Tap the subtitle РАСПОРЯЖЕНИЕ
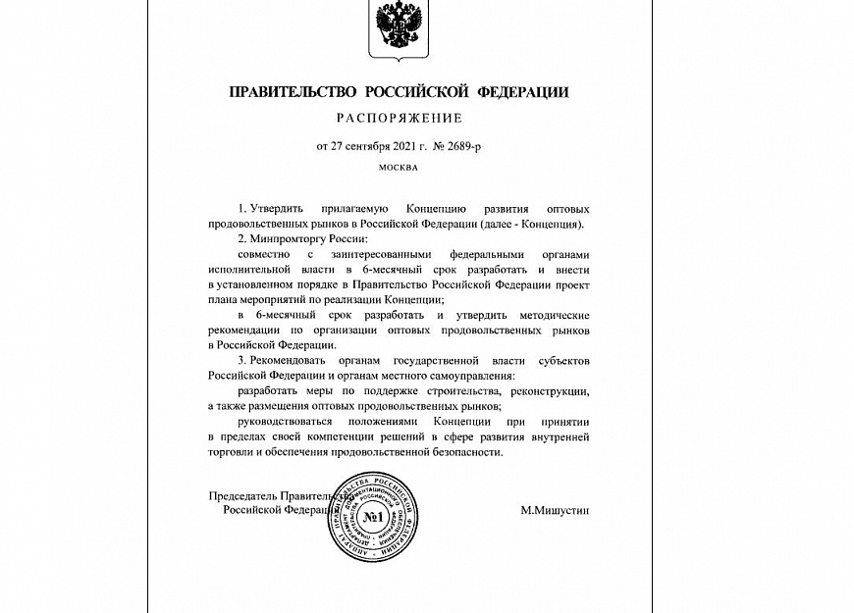click(399, 120)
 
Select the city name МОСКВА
click(398, 168)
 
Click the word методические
click(547, 315)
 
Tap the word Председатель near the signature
click(245, 496)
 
